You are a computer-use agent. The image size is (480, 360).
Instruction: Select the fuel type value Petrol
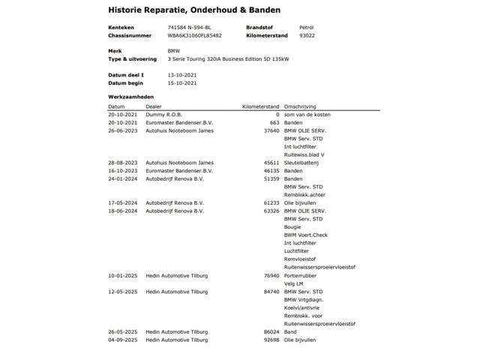[307, 27]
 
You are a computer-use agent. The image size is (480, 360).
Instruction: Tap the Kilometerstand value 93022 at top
[306, 35]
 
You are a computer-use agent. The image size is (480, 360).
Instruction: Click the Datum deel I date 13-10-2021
[162, 75]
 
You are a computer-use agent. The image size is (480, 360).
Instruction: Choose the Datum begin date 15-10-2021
[162, 83]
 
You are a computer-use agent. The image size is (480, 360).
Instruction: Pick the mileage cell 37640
[270, 130]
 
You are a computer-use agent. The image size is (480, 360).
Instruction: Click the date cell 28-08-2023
[121, 161]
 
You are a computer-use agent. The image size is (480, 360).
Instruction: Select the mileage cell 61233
[270, 202]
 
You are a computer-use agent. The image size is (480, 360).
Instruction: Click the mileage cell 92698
[270, 340]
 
